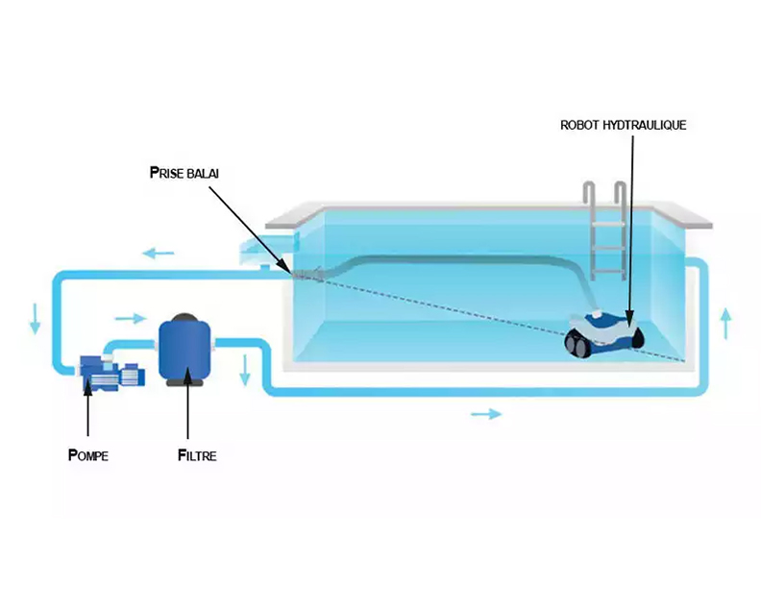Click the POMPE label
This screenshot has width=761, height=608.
coord(88,454)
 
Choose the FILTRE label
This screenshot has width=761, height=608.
coord(196,455)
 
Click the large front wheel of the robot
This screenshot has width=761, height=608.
coord(576,341)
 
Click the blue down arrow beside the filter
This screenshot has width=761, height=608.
coord(246,369)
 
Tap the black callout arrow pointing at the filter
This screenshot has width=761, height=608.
coord(188,413)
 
